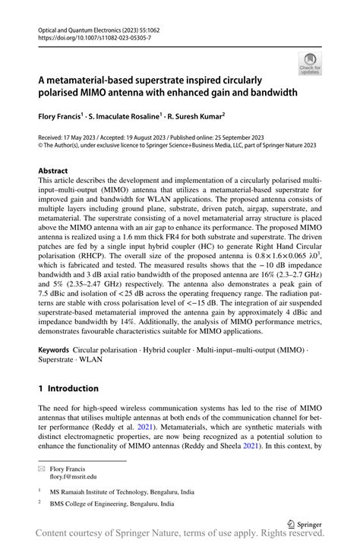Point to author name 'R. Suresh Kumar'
[x=195, y=118]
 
